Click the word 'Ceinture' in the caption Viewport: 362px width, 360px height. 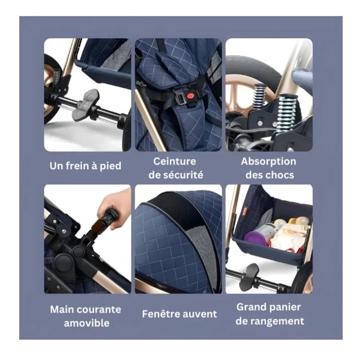pos(175,161)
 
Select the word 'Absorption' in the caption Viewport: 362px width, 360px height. pos(268,161)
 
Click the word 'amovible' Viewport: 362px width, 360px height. pos(86,323)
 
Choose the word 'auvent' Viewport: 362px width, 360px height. pos(200,314)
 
